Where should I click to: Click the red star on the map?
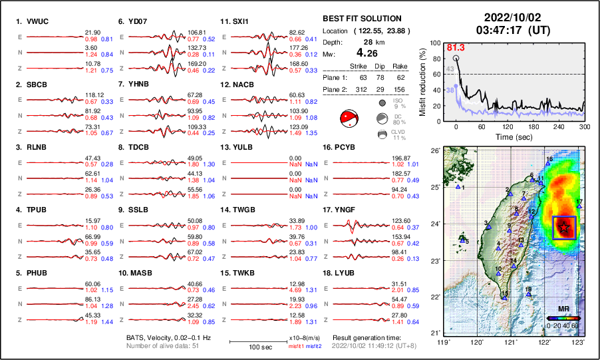(x=564, y=227)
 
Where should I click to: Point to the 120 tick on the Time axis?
(x=508, y=126)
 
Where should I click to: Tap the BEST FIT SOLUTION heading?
(x=362, y=19)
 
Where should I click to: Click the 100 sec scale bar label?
(x=251, y=348)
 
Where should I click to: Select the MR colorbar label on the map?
(x=562, y=309)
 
